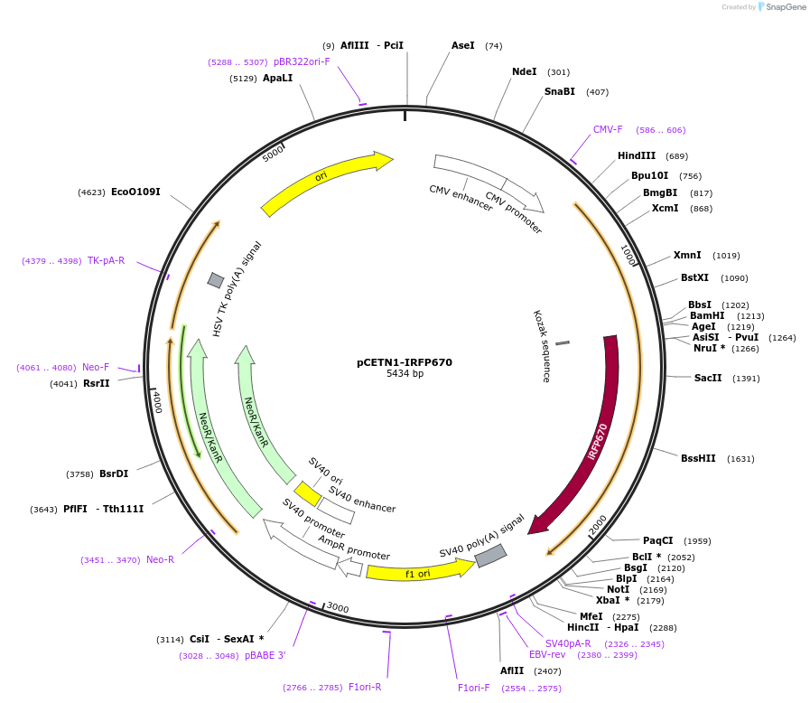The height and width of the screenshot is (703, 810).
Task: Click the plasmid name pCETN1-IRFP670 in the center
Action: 405,362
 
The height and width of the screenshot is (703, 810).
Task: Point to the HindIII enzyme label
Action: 637,156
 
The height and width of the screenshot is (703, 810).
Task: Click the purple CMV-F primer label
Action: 608,130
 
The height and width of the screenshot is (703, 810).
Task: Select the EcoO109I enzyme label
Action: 135,192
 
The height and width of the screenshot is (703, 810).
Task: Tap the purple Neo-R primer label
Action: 160,560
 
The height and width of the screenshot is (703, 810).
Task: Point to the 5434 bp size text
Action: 405,374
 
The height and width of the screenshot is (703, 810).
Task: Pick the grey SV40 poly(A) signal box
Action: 490,556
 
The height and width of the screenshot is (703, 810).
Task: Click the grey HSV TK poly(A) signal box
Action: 216,280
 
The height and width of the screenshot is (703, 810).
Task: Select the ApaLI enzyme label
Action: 277,79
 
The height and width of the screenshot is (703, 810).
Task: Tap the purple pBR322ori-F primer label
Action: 302,62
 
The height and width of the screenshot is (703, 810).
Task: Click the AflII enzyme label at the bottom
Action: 512,671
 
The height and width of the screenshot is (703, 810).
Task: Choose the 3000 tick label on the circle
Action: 338,607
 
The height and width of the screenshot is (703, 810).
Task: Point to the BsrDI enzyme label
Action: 114,473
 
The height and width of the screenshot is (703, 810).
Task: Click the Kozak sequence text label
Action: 540,346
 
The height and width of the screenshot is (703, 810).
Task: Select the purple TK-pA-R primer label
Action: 106,261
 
